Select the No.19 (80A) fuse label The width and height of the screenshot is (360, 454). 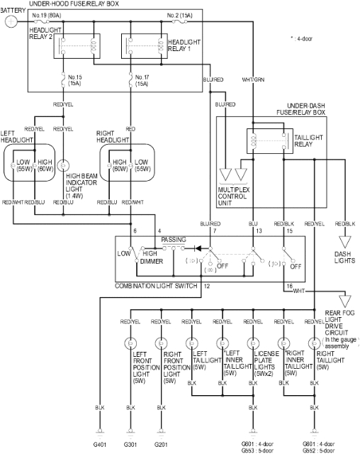coord(46,14)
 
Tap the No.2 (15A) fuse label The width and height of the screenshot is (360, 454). coord(179,14)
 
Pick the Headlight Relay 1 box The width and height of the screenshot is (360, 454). coord(138,46)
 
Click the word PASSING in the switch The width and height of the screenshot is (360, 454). coord(174,240)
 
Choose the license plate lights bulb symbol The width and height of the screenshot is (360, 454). coord(252,344)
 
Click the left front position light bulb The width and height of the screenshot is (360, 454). coord(130,344)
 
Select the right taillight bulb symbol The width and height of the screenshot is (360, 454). coord(313,344)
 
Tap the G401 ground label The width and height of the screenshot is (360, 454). coord(100,443)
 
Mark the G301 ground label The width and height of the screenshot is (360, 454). coord(130,443)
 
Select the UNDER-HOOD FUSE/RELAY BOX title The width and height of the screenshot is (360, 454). coord(81,4)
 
